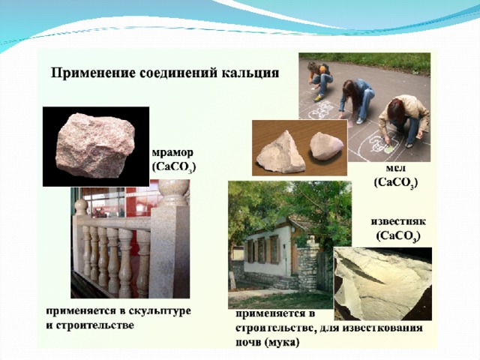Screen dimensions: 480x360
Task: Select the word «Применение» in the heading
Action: pos(93,73)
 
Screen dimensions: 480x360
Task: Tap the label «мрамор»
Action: pos(172,152)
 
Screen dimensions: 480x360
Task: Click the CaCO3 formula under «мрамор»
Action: pos(174,167)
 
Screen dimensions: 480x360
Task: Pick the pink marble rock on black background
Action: pos(95,145)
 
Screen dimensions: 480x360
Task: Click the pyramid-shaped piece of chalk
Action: pos(280,153)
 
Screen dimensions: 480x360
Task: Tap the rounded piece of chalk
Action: pos(325,146)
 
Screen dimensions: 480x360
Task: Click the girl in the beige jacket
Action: pos(404,121)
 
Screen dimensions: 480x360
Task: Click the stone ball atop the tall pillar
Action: pos(173,190)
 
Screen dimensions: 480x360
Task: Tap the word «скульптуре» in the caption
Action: pos(160,311)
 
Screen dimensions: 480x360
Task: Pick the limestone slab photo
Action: pos(382,283)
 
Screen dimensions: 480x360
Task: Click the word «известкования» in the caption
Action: pos(382,328)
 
